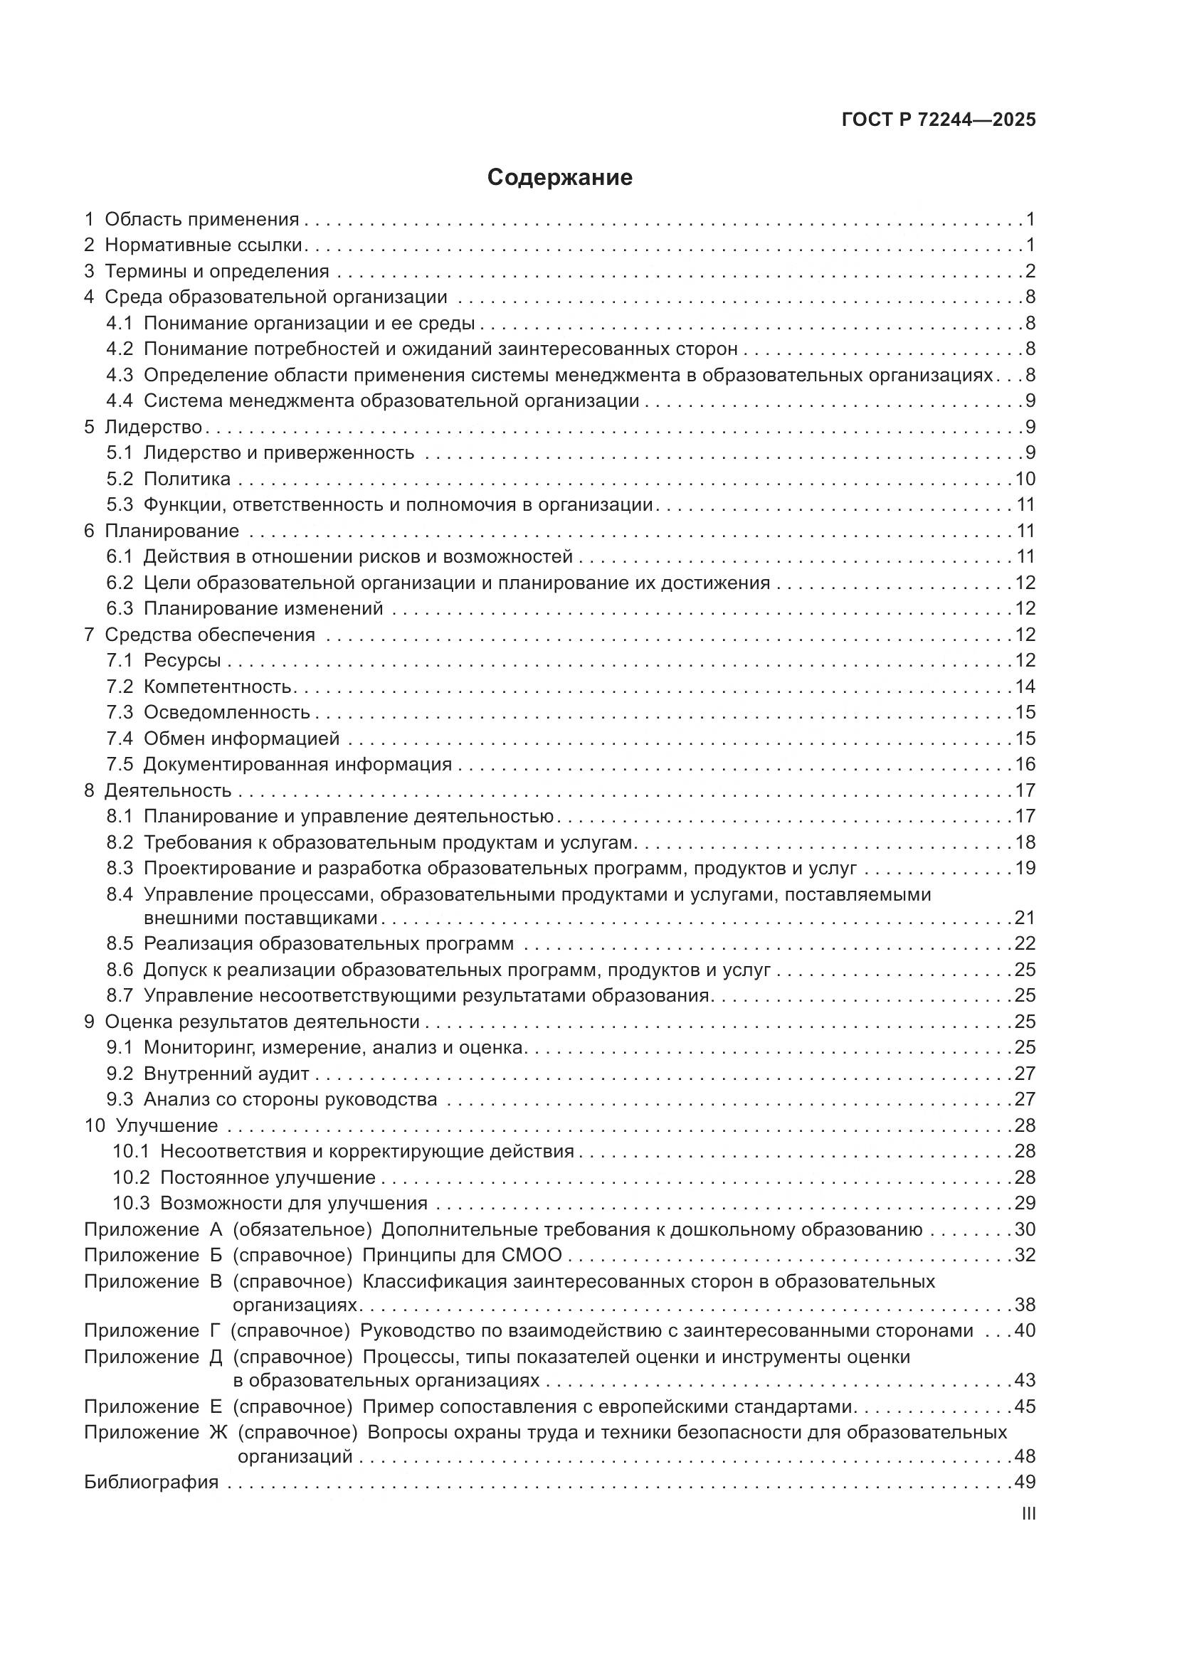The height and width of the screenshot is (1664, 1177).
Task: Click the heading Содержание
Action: coord(559,178)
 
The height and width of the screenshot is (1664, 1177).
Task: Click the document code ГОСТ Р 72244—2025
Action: coord(939,120)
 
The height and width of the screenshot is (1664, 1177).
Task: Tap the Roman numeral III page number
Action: coord(1028,1513)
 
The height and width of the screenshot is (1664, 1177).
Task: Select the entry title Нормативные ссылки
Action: coord(203,245)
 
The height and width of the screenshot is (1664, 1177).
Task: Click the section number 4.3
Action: coord(120,376)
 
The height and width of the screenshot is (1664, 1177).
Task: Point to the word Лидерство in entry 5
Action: coord(153,427)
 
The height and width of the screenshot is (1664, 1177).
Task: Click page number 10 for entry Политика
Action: coord(1025,479)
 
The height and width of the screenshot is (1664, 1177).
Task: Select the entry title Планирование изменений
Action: coord(263,609)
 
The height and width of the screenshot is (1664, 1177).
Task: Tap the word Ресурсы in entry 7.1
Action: coord(182,660)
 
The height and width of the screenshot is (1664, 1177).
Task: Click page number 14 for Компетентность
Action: coord(1025,687)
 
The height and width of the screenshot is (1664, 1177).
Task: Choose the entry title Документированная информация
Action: coord(297,765)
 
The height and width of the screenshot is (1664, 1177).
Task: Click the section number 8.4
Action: coord(120,894)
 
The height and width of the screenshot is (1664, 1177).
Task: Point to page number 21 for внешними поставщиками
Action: coord(1025,918)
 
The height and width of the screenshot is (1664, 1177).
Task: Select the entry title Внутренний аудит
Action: coord(226,1074)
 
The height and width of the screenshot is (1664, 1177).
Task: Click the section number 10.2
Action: coord(130,1177)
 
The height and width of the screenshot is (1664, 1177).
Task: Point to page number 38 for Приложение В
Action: coord(1025,1305)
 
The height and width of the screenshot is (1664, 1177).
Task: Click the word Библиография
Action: coord(151,1482)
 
